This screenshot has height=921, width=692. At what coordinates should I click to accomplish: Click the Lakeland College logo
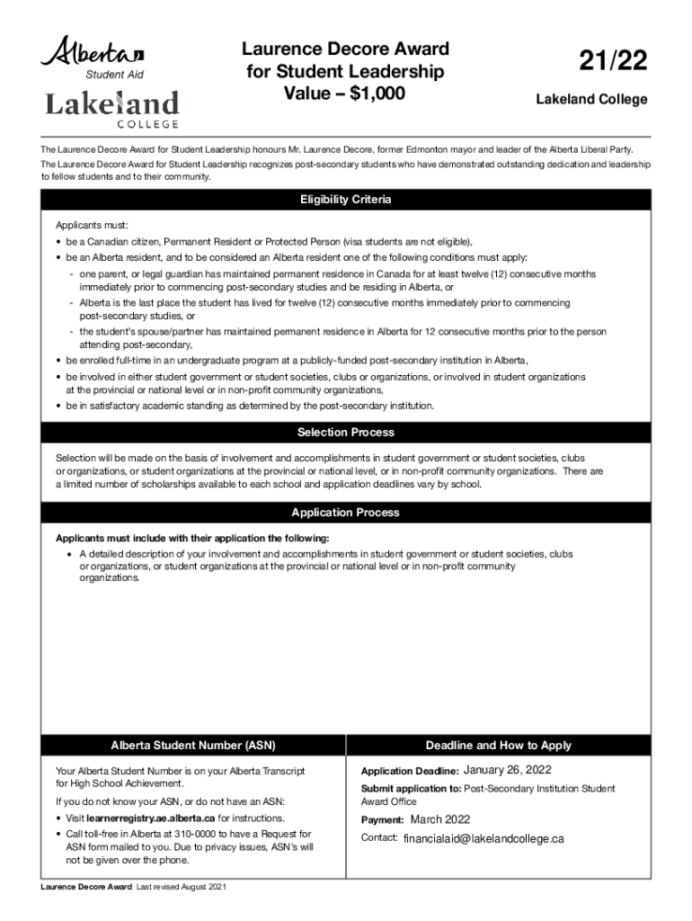[x=111, y=109]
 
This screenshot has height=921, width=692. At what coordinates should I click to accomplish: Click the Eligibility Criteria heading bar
[x=346, y=200]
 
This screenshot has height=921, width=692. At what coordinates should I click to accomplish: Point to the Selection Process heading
[x=346, y=433]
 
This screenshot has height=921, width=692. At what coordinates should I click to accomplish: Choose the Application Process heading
[x=346, y=513]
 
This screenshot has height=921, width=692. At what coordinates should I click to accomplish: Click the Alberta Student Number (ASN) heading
[x=192, y=746]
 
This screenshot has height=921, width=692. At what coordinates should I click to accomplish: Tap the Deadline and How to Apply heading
[x=498, y=746]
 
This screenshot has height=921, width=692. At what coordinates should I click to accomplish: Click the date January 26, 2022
[x=508, y=770]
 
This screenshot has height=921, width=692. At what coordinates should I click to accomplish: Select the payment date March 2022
[x=440, y=819]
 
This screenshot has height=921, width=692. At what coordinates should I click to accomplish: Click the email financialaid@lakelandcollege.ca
[x=484, y=838]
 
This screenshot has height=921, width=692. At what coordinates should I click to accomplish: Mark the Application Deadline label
[x=410, y=772]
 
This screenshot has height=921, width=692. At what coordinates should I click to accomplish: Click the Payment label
[x=383, y=820]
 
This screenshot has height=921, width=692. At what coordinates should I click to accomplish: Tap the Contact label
[x=379, y=838]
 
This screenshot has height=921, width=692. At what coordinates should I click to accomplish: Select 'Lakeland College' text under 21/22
[x=591, y=99]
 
